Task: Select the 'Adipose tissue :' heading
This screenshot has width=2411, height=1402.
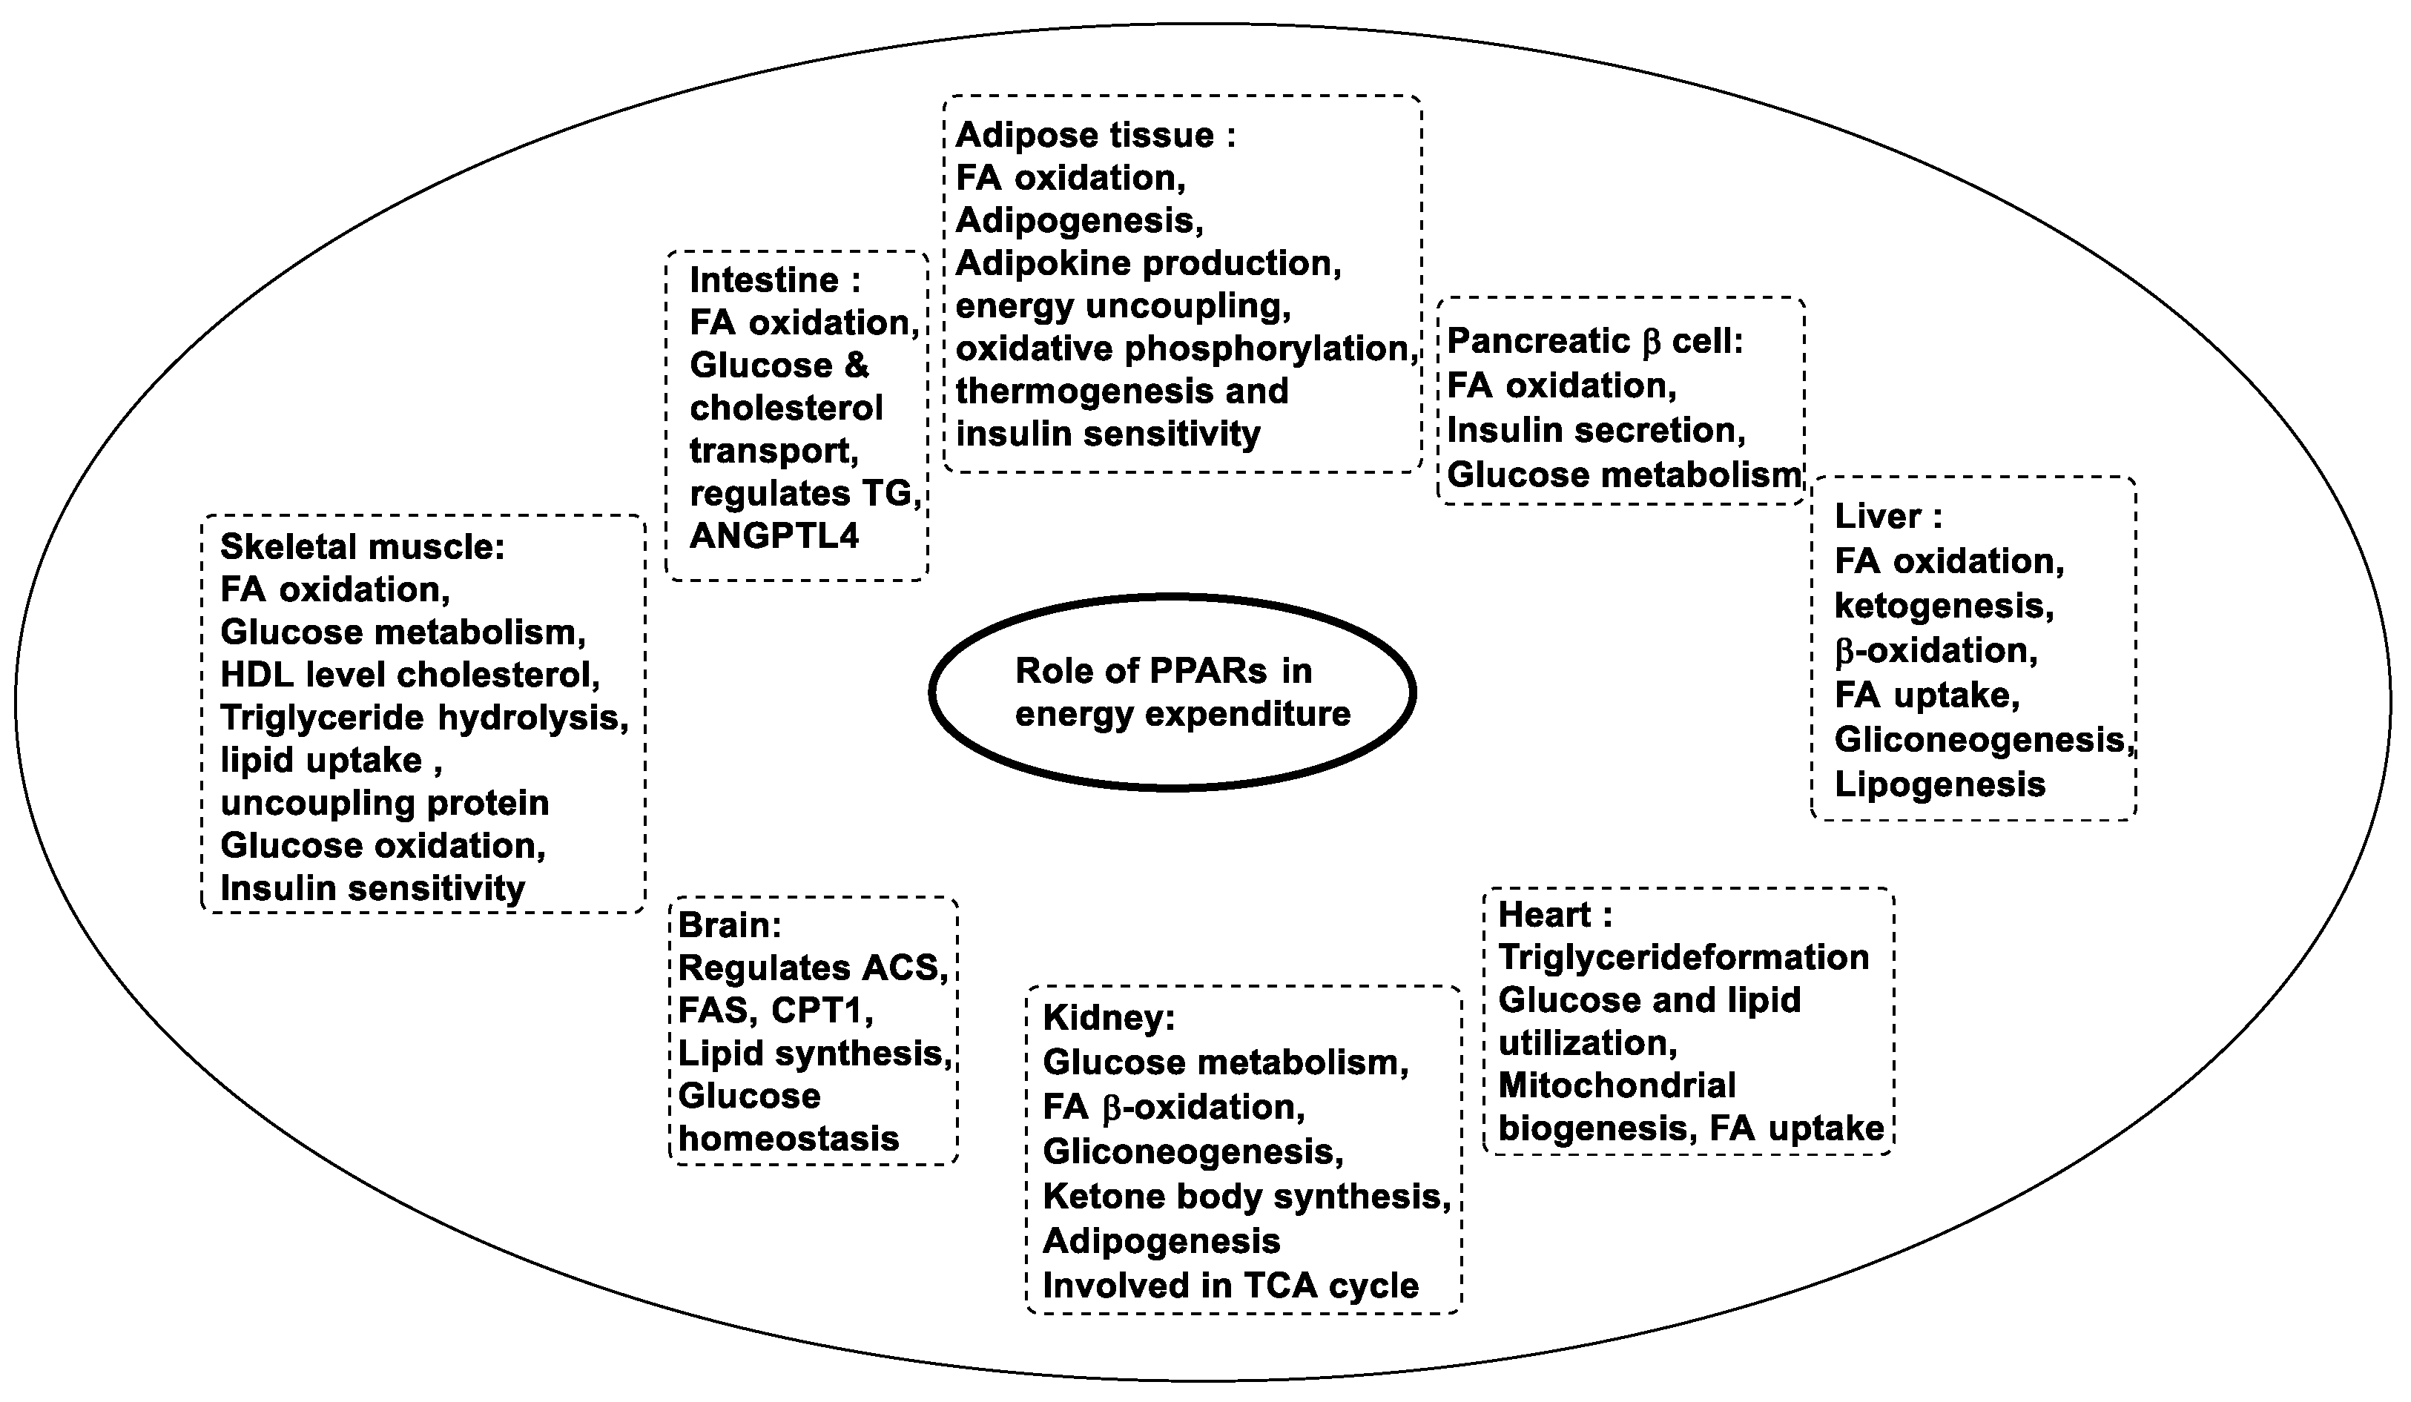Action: coord(1095,136)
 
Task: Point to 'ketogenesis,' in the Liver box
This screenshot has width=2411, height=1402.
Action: coord(1944,606)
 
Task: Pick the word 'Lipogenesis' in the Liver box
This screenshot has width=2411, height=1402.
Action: coord(1939,785)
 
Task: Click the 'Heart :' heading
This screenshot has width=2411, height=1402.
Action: coord(1554,915)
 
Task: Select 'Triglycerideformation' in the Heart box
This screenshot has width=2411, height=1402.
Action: coord(1683,957)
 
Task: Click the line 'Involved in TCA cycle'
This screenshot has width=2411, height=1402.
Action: coord(1230,1286)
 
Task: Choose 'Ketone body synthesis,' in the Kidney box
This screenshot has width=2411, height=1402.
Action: coord(1247,1197)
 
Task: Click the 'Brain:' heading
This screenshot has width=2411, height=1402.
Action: coord(730,926)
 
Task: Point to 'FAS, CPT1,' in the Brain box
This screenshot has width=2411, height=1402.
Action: coord(775,1011)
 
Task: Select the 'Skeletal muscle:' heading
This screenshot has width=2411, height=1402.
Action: coord(363,547)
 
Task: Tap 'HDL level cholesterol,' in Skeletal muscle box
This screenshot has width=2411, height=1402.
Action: coord(410,675)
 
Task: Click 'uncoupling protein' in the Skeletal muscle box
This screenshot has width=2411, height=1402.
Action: coord(385,804)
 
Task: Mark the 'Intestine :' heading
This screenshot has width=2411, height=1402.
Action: coord(775,280)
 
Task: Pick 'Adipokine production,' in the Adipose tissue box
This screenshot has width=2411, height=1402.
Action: coord(1148,263)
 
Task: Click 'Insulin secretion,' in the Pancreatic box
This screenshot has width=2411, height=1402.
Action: coord(1596,430)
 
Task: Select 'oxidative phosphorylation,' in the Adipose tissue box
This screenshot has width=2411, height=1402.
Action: coord(1187,349)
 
